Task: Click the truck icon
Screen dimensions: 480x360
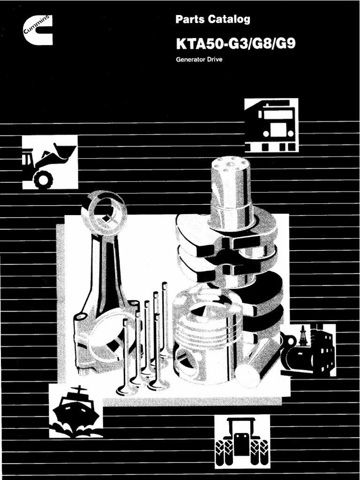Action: point(271,125)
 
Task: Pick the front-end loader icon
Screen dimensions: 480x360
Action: point(50,162)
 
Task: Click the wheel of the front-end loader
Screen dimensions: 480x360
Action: point(44,179)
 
